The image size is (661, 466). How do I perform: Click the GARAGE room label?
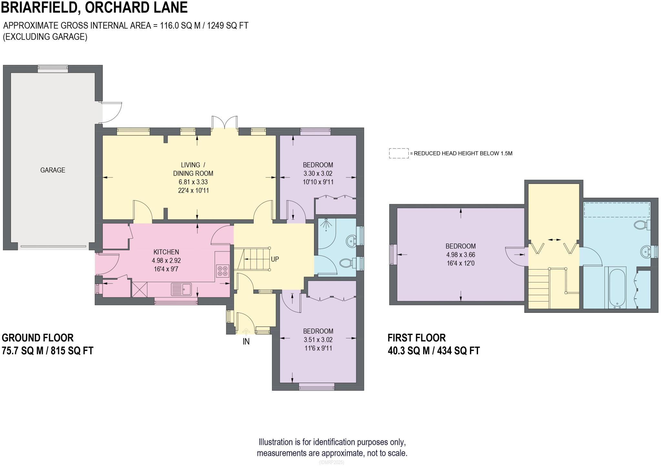point(53,170)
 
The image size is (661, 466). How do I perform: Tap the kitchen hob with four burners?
point(222,271)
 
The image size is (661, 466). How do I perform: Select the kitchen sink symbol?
point(181,289)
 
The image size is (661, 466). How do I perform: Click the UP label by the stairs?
point(275,259)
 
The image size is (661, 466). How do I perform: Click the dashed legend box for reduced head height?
point(399,153)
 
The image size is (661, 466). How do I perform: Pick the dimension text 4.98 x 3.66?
point(461,255)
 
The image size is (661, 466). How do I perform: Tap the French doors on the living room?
point(225,123)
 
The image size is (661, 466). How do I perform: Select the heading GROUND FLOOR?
point(38,338)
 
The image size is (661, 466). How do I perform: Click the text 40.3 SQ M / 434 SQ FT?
point(434,351)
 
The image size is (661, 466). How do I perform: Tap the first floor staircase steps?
point(539,288)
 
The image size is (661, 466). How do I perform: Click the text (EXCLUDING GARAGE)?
point(45,37)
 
